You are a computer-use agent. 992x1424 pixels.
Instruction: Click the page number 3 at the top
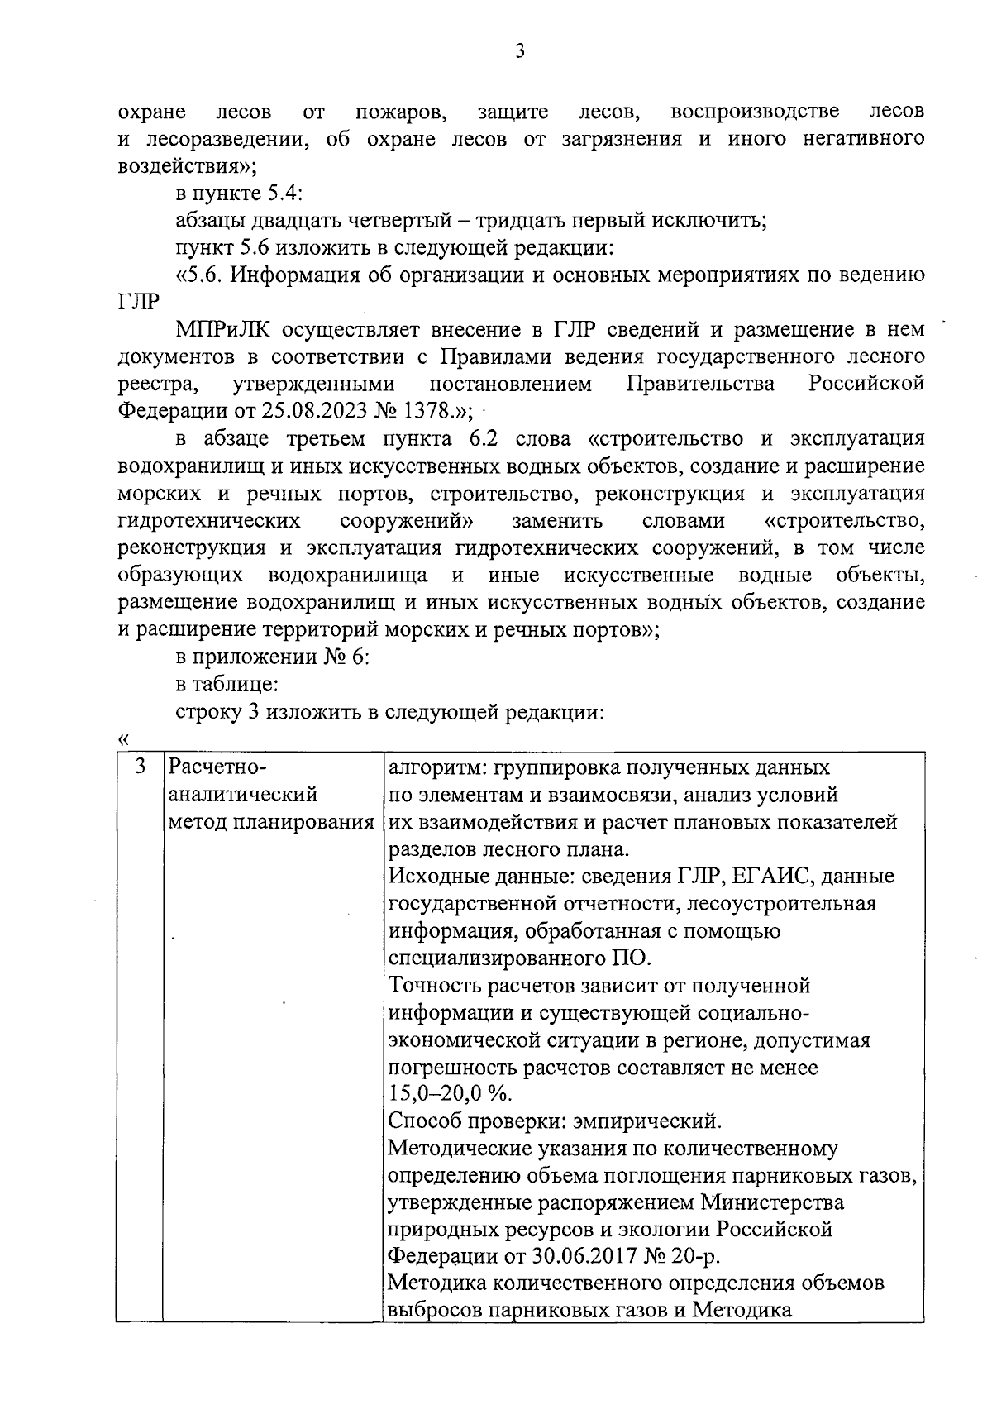coord(519,52)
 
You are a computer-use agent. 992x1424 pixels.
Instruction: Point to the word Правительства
coord(700,385)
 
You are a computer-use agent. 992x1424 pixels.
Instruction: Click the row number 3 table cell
coord(141,767)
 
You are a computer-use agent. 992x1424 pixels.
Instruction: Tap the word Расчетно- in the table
coord(217,767)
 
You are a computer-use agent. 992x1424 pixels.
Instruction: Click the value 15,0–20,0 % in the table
coord(451,1094)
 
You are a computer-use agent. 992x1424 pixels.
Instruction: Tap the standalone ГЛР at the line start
coord(138,303)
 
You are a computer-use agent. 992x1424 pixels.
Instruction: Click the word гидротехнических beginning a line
coord(209,522)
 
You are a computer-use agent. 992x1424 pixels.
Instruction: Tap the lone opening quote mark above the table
coord(124,738)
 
